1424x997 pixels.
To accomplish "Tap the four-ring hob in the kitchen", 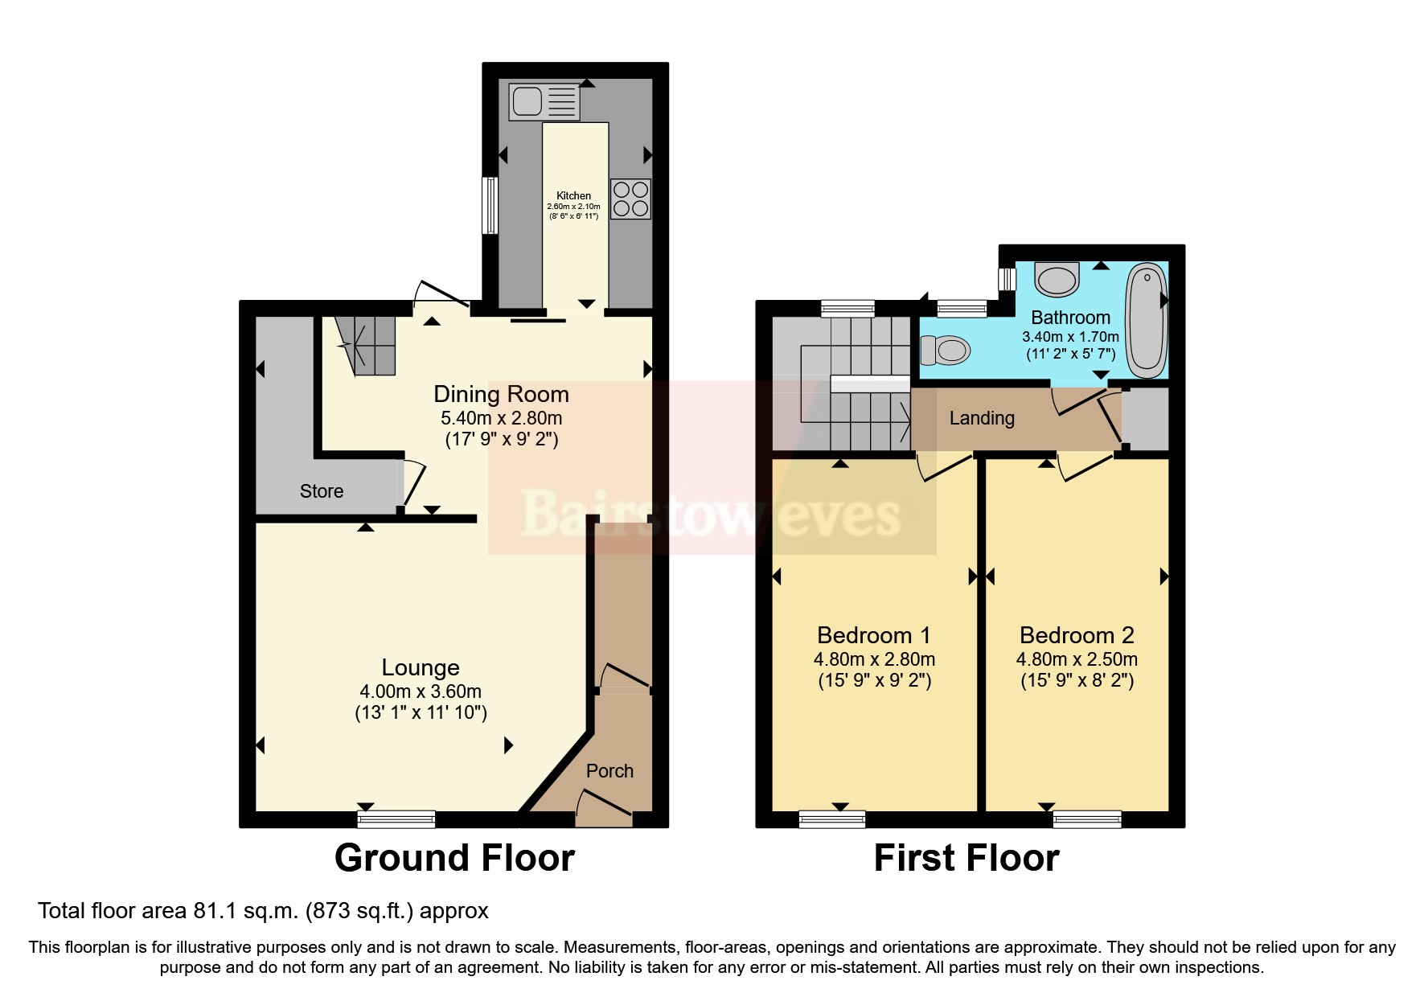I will (630, 199).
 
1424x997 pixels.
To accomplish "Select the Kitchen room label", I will (573, 195).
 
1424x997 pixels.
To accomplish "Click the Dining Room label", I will (501, 394).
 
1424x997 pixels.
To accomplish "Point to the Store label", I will (322, 491).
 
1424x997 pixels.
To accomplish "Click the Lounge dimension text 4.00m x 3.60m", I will (421, 691).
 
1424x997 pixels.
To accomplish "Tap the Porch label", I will (609, 771).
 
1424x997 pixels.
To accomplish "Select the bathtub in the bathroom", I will (1146, 320).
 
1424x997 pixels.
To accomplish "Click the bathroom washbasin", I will (1057, 279).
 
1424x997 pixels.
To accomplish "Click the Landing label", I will (982, 418).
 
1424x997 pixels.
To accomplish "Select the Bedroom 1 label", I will (873, 635).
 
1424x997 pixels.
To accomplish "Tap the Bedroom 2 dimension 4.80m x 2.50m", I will (1077, 660).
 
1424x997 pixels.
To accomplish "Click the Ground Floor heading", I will (454, 858).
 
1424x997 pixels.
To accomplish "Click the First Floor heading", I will (966, 858).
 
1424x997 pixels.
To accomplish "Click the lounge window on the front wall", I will (396, 819).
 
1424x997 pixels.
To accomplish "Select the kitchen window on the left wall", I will (489, 205).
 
